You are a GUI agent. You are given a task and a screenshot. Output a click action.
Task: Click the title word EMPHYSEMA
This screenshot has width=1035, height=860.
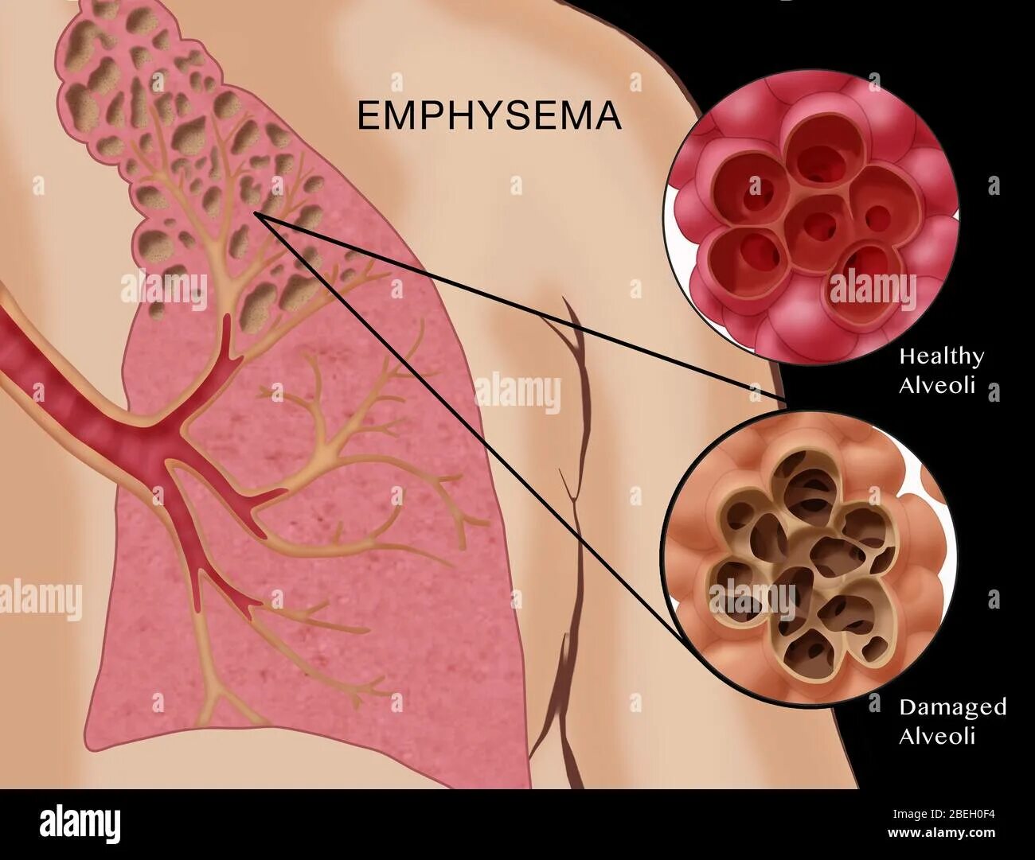click(488, 116)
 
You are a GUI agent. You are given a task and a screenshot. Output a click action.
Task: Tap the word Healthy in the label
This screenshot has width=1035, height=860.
click(941, 356)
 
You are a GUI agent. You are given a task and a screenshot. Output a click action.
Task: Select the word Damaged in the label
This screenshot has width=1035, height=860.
click(952, 707)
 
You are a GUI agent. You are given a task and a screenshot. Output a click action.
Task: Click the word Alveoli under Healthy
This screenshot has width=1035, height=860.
click(937, 386)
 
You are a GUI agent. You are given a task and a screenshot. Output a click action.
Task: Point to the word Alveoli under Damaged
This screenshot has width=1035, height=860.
click(937, 736)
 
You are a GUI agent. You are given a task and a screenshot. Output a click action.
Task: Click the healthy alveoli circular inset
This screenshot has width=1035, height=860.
click(812, 215)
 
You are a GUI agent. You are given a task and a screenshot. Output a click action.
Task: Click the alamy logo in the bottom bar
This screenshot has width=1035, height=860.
click(80, 824)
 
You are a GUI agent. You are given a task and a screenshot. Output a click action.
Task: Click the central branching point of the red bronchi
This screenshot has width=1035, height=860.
click(171, 446)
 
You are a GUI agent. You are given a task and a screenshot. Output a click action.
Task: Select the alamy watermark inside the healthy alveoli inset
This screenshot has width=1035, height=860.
click(873, 290)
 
